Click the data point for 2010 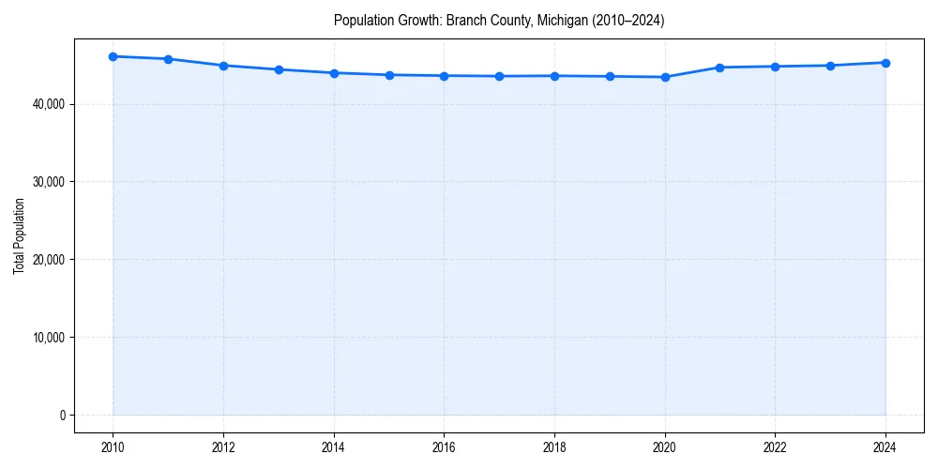click(x=113, y=56)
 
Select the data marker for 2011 click(x=168, y=59)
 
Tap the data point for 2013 click(x=279, y=69)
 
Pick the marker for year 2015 click(x=389, y=75)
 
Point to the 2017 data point click(x=499, y=76)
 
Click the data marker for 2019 click(x=610, y=76)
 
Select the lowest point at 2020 click(x=665, y=77)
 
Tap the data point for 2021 click(x=719, y=68)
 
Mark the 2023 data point click(x=830, y=66)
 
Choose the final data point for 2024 click(x=885, y=63)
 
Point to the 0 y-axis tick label click(x=62, y=416)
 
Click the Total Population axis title click(x=19, y=235)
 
